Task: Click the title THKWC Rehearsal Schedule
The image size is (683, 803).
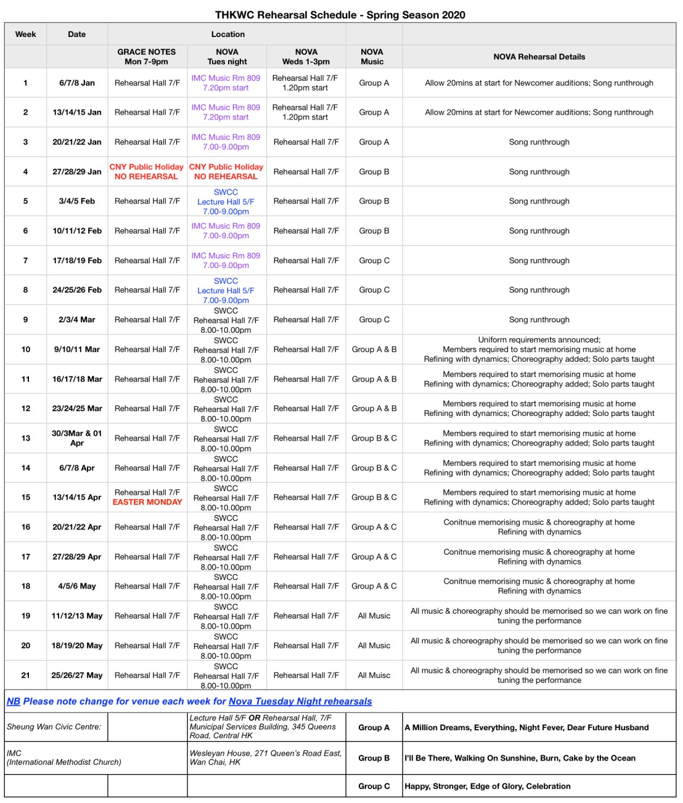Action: (x=340, y=15)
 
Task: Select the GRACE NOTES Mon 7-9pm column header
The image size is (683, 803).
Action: (x=147, y=57)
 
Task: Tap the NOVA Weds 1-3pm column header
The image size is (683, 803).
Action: (x=306, y=57)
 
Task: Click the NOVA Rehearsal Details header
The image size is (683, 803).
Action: (x=539, y=57)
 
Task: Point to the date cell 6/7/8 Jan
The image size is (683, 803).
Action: (x=77, y=83)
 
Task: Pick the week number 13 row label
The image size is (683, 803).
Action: (x=25, y=438)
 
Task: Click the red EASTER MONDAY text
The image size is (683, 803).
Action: (x=147, y=502)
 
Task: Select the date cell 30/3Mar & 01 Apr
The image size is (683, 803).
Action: (x=77, y=438)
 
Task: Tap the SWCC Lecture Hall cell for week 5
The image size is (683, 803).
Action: (x=226, y=202)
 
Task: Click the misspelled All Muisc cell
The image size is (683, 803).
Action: (x=374, y=675)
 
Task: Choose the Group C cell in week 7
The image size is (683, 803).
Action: (x=374, y=261)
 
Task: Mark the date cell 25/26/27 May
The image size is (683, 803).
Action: (x=77, y=675)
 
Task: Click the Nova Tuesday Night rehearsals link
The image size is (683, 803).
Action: (x=300, y=701)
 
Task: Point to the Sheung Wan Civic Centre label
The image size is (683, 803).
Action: (x=54, y=727)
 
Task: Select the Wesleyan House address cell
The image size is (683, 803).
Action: (x=266, y=757)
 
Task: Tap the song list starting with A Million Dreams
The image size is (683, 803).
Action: (x=526, y=728)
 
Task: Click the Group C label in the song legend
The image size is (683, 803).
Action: (x=374, y=786)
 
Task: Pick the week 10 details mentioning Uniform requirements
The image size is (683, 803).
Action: (x=539, y=349)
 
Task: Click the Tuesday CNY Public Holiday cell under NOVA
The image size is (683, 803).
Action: (x=226, y=172)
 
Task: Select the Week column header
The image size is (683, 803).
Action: (x=25, y=35)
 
